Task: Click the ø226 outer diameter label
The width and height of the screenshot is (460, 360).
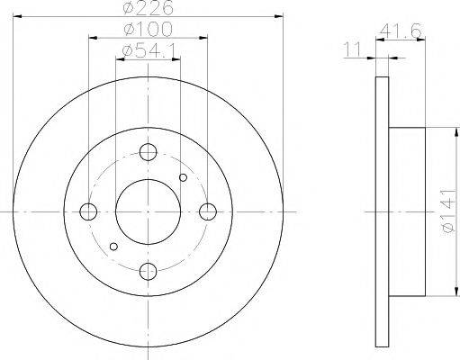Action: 149,8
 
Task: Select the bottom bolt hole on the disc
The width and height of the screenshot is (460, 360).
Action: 149,272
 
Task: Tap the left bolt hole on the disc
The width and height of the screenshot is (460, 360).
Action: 88,211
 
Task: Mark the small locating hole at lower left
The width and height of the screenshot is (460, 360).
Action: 113,246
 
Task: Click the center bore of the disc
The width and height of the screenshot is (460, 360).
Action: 149,211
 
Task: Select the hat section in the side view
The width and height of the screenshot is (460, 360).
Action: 407,211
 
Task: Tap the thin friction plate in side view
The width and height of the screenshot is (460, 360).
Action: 381,211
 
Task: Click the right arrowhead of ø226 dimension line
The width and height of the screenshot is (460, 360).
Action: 277,15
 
